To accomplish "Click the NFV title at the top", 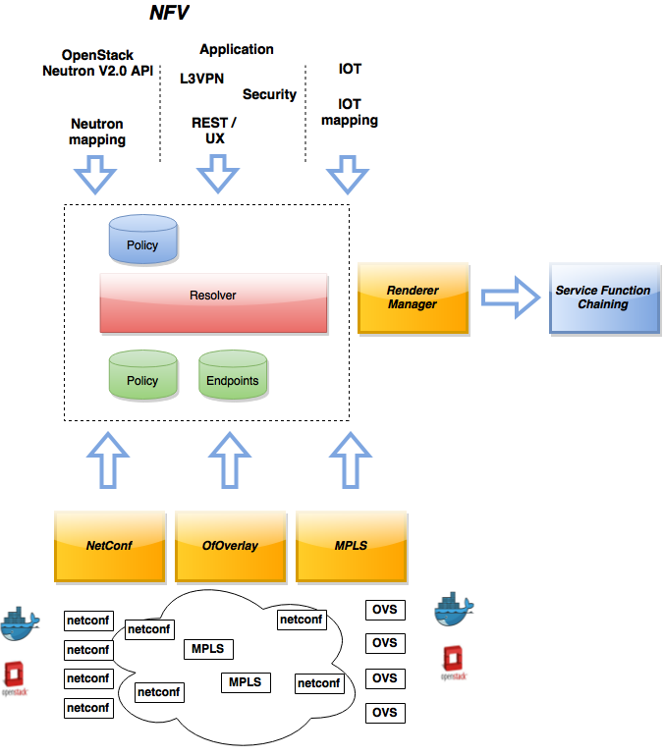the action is click(x=169, y=13).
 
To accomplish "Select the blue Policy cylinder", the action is click(x=143, y=240).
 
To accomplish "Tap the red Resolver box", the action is click(x=213, y=303).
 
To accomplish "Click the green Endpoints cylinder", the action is click(x=233, y=375).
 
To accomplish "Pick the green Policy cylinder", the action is click(x=143, y=375).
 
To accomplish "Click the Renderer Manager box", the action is click(x=413, y=297).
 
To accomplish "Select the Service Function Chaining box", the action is click(x=604, y=297).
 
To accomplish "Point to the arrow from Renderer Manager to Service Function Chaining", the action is click(x=510, y=297).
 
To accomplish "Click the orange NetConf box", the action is click(x=109, y=546).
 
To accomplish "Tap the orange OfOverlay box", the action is click(x=231, y=546).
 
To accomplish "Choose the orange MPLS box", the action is click(x=352, y=546).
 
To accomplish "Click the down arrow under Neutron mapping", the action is click(x=95, y=175).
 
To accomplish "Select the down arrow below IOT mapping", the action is click(x=348, y=175).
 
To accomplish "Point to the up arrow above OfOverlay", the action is click(x=230, y=460).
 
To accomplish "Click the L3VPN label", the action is click(x=201, y=79).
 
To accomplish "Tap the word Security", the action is click(x=269, y=94).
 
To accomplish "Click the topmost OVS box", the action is click(x=385, y=610).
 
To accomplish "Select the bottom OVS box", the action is click(x=385, y=713).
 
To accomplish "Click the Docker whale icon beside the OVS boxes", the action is click(x=454, y=609).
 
